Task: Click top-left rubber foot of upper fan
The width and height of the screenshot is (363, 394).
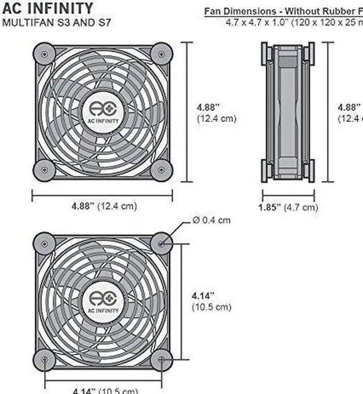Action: tap(44, 54)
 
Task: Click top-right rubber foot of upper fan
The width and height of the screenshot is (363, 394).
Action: tap(162, 54)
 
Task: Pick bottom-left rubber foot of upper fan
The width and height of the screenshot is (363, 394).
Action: tap(44, 170)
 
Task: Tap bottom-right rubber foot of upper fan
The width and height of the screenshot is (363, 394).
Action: tap(162, 170)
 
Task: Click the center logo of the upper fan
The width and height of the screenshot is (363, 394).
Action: tap(103, 112)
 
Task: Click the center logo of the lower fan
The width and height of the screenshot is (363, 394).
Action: tap(103, 301)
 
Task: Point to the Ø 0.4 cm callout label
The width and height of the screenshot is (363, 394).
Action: tap(211, 220)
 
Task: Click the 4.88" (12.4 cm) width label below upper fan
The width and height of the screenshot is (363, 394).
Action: tap(104, 207)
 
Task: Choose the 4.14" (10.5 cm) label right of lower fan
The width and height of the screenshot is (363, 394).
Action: tap(211, 302)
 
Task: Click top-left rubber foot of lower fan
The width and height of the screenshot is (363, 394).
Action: tap(44, 243)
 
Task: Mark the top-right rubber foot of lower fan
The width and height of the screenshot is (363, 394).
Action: tap(162, 243)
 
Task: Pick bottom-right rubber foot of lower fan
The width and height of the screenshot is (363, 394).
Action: tap(162, 359)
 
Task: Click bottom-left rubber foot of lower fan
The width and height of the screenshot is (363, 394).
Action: tap(44, 359)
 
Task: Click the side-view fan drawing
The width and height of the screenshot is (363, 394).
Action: tap(288, 112)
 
